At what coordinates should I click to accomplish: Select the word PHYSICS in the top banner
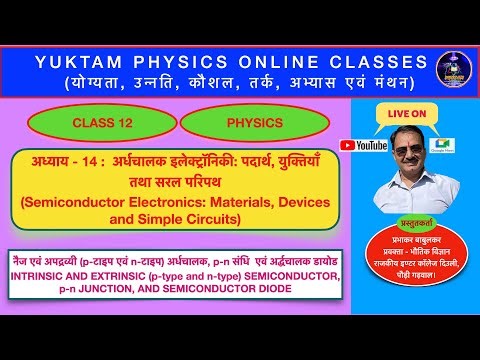pos(200,60)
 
